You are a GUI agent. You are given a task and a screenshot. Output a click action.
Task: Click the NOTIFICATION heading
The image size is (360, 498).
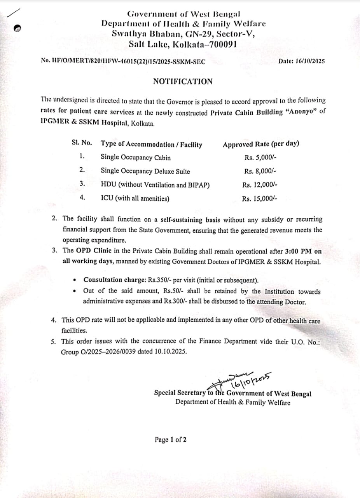(182, 81)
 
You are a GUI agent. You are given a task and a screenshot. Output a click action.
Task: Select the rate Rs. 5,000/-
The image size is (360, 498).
(260, 158)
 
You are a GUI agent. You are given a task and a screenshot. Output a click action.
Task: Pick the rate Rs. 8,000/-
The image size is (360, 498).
(260, 171)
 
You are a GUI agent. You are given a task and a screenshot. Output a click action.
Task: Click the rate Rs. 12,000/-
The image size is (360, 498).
(260, 185)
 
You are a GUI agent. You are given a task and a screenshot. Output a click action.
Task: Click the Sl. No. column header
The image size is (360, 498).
(82, 143)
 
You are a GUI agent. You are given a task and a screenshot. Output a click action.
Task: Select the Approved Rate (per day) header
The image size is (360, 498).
(261, 144)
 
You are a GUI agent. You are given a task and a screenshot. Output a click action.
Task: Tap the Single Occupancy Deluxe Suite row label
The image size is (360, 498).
(145, 171)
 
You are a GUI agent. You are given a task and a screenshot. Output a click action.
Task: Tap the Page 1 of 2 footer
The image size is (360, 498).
(170, 440)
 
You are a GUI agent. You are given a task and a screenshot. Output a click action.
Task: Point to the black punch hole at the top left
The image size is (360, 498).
(17, 28)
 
